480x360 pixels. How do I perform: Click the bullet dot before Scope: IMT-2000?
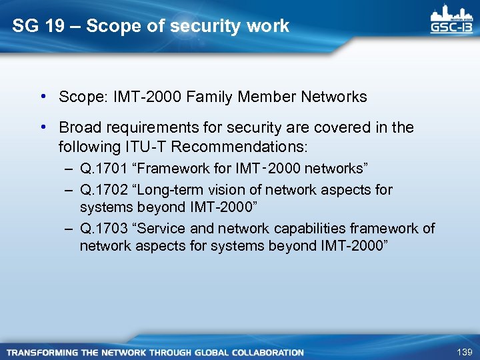(x=42, y=97)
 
